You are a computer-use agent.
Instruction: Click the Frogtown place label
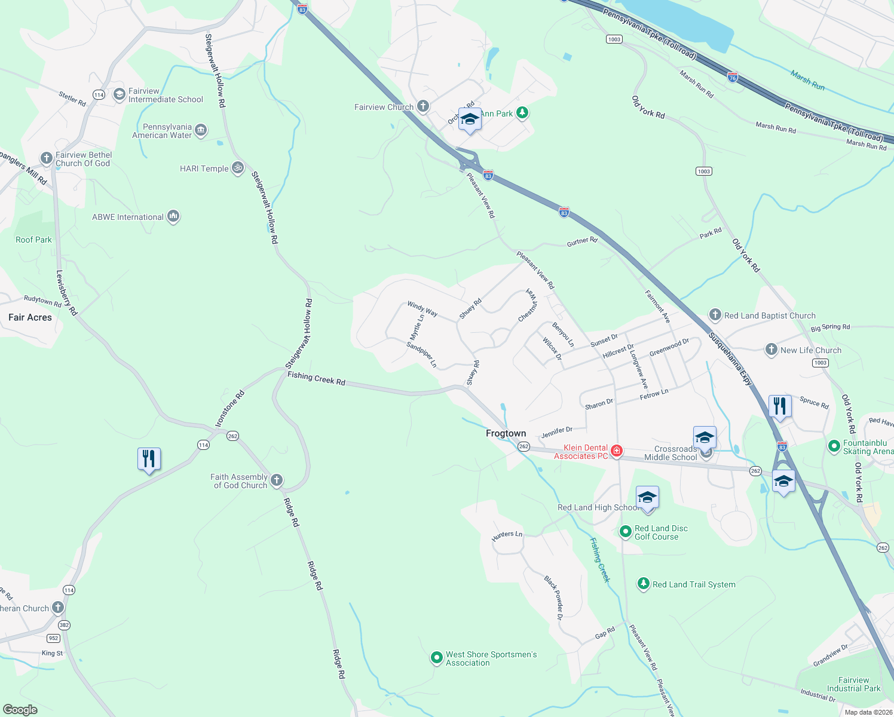(506, 433)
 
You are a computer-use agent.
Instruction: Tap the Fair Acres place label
(30, 317)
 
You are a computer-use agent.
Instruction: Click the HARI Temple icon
(238, 168)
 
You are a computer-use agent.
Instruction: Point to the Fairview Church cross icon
(423, 107)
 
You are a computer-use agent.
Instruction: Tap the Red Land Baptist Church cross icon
(715, 315)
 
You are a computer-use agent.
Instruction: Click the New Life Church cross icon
(771, 350)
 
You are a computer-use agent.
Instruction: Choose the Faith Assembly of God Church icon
(276, 480)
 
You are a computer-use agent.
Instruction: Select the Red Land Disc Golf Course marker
(626, 531)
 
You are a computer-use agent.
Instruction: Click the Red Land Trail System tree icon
(644, 584)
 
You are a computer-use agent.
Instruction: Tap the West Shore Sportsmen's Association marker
(437, 658)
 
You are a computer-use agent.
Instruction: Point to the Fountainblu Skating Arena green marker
(834, 446)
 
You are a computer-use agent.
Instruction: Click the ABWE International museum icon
(173, 216)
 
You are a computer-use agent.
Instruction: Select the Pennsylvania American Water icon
(201, 130)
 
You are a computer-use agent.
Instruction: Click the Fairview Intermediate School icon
(120, 94)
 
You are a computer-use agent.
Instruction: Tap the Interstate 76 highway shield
(733, 77)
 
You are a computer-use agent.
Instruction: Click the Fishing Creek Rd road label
(316, 378)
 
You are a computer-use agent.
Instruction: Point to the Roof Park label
(33, 240)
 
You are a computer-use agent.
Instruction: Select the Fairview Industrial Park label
(853, 684)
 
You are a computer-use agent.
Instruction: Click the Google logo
(20, 709)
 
